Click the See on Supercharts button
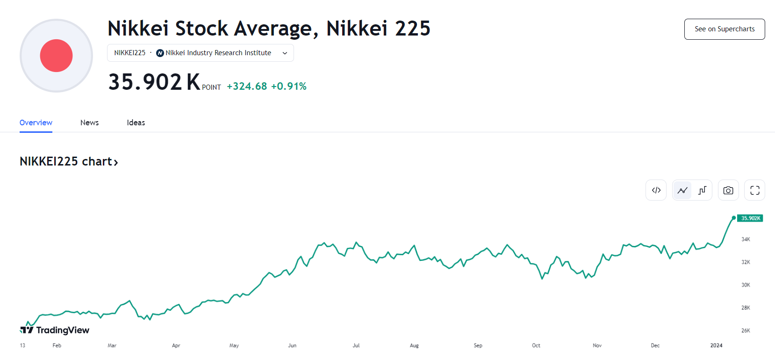coord(724,29)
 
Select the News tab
coord(89,122)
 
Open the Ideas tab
coord(136,122)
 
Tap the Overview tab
coord(36,122)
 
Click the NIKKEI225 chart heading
coord(69,161)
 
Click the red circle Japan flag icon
coord(56,56)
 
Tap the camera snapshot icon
coord(728,190)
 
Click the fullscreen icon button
coord(754,190)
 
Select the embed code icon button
coord(656,190)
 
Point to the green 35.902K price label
coord(750,218)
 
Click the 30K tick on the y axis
coord(746,285)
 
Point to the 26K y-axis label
coord(746,331)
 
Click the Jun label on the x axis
coord(292,346)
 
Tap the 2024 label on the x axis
coord(716,346)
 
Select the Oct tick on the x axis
coord(536,346)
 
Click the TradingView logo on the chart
coord(55,330)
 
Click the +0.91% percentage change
coord(289,86)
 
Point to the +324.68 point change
coord(247,86)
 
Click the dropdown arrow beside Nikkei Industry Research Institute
coord(285,53)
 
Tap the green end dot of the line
coord(733,218)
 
